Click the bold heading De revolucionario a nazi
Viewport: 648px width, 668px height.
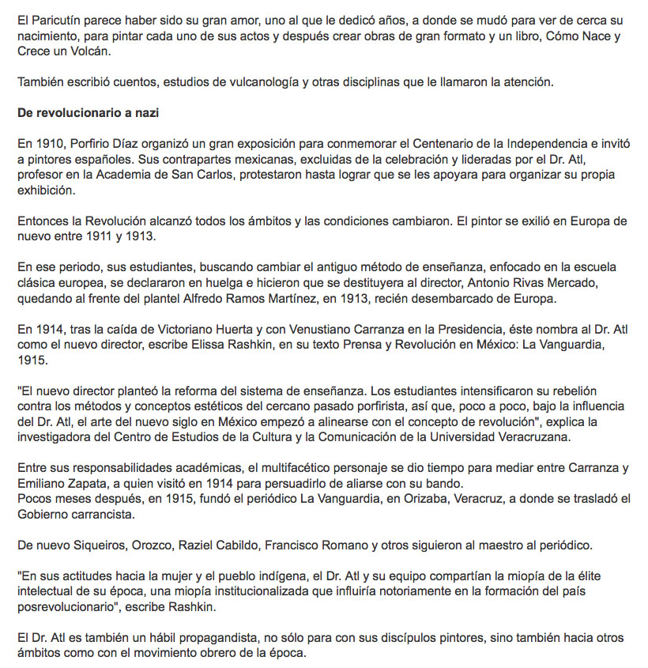point(89,113)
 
